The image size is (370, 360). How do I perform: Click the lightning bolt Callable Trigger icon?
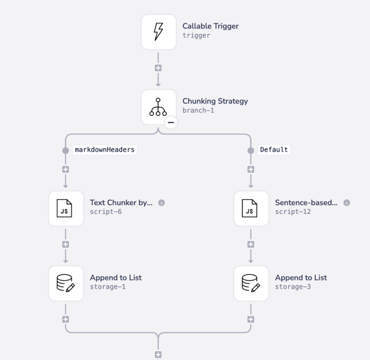158,31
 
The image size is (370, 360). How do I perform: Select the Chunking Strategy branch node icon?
158,106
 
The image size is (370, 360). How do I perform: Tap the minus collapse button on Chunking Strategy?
171,123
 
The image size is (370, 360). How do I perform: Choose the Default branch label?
274,150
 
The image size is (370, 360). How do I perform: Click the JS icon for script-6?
65,208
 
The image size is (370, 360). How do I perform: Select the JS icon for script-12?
250,208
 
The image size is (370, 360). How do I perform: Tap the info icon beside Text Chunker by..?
162,202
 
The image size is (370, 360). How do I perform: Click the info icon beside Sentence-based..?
347,202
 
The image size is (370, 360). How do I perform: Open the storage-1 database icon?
65,283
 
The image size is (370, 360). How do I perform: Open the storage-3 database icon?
250,283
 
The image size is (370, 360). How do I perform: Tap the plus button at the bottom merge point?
158,354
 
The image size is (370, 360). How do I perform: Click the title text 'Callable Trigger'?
210,26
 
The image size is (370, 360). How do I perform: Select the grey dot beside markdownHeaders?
65,150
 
